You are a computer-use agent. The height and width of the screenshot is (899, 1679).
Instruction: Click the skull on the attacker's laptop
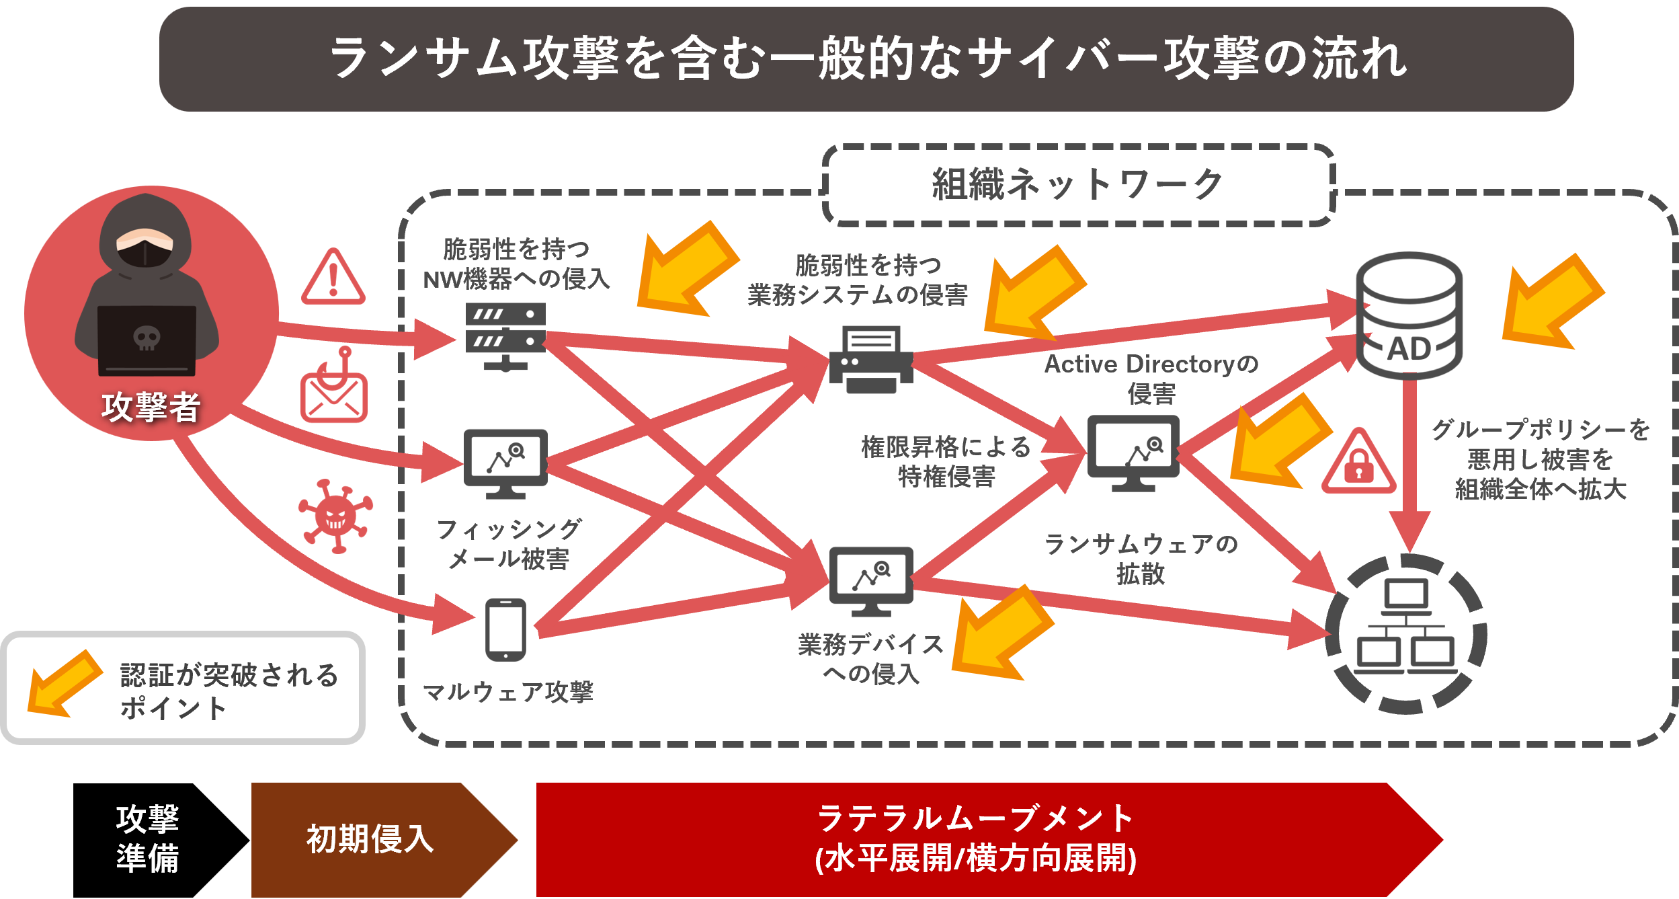[147, 338]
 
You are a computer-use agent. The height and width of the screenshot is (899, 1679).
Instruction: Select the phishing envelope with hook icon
[334, 388]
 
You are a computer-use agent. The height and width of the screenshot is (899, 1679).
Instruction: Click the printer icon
[871, 360]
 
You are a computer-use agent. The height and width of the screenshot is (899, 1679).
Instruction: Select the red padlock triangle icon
[1358, 464]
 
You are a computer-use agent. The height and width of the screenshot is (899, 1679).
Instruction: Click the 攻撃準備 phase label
[147, 838]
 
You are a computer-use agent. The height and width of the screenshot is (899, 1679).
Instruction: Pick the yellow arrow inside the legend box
[65, 683]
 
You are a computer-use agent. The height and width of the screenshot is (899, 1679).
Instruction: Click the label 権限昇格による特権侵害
[946, 461]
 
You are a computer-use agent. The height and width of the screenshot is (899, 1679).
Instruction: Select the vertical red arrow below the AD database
[1409, 464]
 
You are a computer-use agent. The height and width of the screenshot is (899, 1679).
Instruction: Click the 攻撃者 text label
[151, 407]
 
